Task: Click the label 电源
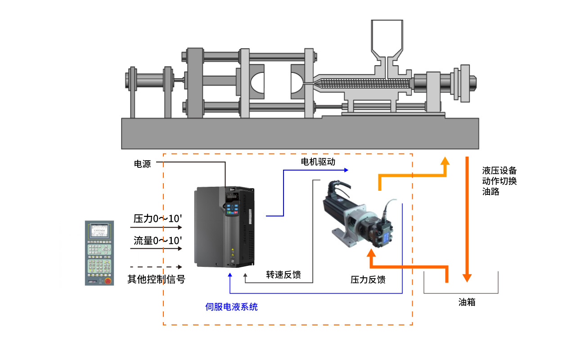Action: (142, 164)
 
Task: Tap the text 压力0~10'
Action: (157, 219)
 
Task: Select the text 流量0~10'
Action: (157, 240)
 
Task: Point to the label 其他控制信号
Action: (156, 279)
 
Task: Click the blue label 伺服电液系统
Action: (231, 307)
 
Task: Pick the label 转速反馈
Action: (283, 275)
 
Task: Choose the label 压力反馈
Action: (368, 279)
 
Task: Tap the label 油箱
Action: (467, 302)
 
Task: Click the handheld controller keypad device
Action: (99, 253)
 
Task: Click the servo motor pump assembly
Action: (360, 216)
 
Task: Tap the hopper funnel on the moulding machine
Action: (387, 38)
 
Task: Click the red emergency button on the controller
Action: (108, 281)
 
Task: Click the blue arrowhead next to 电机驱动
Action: (346, 170)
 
